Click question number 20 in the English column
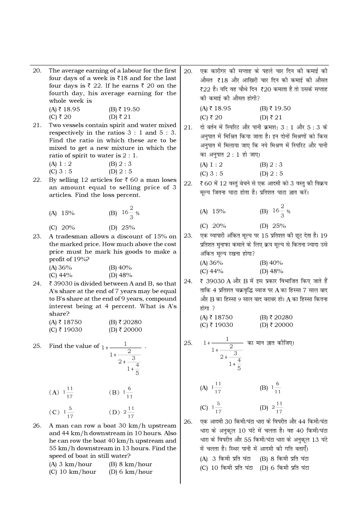point(37,71)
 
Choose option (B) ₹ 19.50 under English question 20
point(124,109)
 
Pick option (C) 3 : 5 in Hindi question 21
point(211,173)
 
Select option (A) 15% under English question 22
point(62,213)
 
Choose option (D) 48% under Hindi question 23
point(271,271)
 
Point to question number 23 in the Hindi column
point(188,236)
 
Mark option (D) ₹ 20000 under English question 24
point(125,330)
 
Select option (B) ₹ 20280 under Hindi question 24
point(276,317)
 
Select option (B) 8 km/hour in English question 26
point(130,464)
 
